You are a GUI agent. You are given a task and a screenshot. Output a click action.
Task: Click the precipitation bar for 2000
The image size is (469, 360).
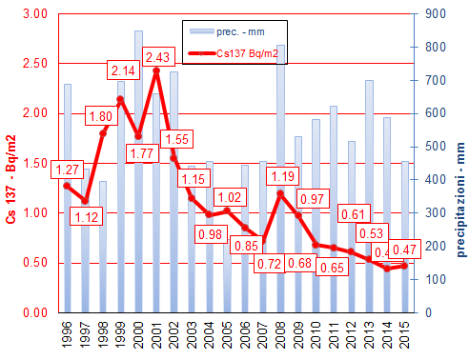click(x=138, y=171)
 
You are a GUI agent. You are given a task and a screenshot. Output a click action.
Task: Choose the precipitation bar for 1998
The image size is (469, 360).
click(x=103, y=247)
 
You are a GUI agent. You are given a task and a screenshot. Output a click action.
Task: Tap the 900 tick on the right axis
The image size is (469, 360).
click(x=432, y=13)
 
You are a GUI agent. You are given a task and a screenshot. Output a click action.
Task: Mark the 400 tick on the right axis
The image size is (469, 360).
click(x=432, y=180)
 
